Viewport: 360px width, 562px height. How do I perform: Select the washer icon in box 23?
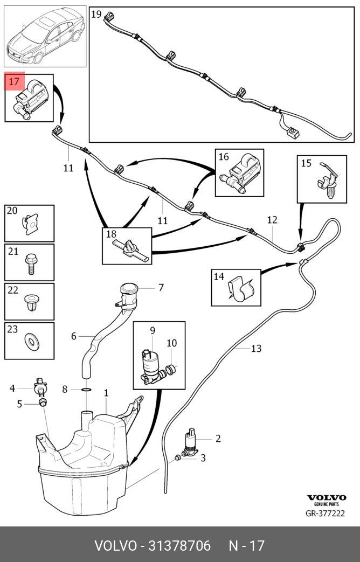(31, 341)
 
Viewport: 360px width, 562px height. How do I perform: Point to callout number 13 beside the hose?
(256, 349)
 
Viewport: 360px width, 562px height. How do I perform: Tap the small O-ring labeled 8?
(86, 388)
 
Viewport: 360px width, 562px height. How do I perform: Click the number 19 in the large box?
(97, 15)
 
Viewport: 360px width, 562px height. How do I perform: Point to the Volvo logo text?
(326, 497)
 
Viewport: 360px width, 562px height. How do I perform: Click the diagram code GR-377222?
(325, 513)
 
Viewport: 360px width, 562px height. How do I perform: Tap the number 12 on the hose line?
(272, 220)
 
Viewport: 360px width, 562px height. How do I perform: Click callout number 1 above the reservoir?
(106, 394)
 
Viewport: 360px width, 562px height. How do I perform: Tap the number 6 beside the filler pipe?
(74, 336)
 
